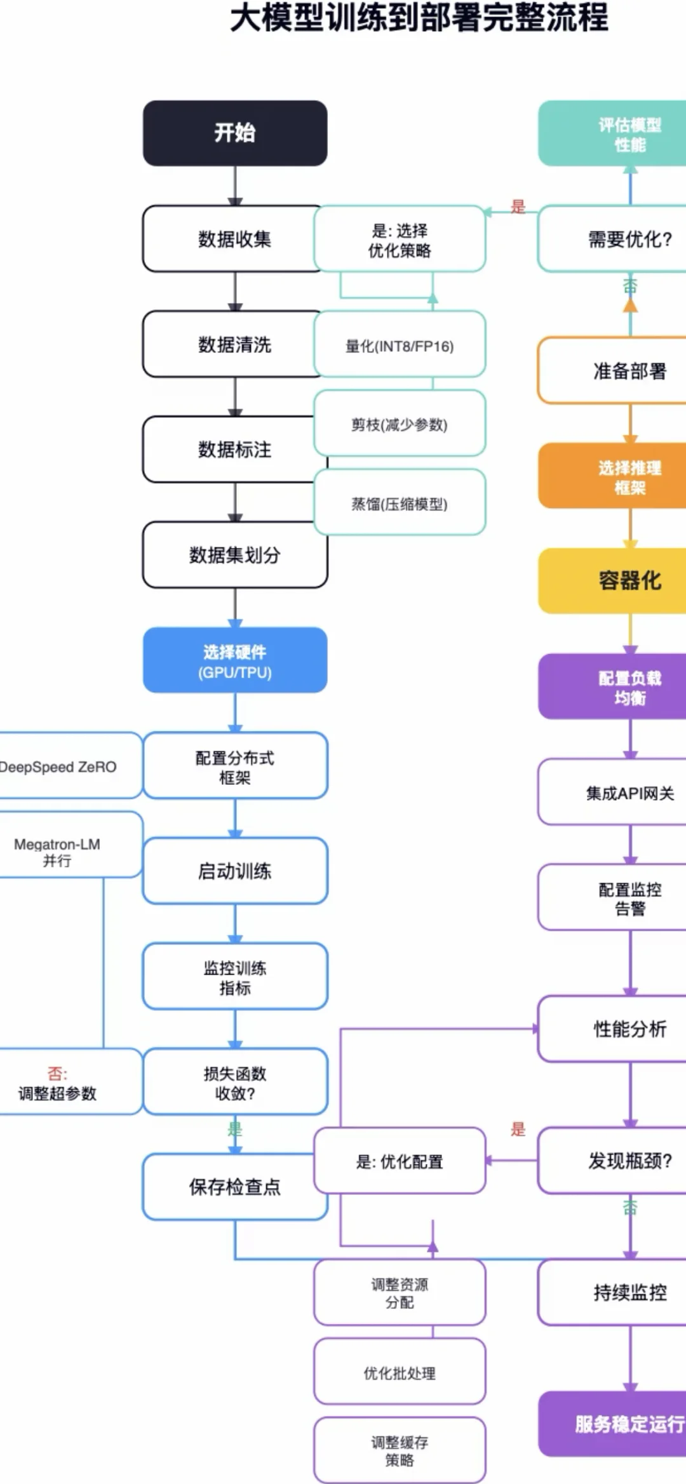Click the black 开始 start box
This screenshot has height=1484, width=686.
pyautogui.click(x=235, y=133)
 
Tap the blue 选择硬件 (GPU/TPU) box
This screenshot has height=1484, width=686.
pyautogui.click(x=235, y=660)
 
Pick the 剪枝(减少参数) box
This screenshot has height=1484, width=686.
pyautogui.click(x=400, y=424)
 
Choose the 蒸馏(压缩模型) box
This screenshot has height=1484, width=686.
pyautogui.click(x=400, y=503)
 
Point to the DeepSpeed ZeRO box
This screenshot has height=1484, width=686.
pyautogui.click(x=64, y=766)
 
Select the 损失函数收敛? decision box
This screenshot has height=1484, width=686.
pyautogui.click(x=235, y=1082)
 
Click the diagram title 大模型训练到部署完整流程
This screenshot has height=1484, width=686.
pyautogui.click(x=419, y=18)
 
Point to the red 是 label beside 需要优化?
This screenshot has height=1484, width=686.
pyautogui.click(x=518, y=206)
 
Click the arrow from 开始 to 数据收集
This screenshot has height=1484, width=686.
pyautogui.click(x=235, y=185)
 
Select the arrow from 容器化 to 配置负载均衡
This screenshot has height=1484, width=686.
pyautogui.click(x=630, y=634)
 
